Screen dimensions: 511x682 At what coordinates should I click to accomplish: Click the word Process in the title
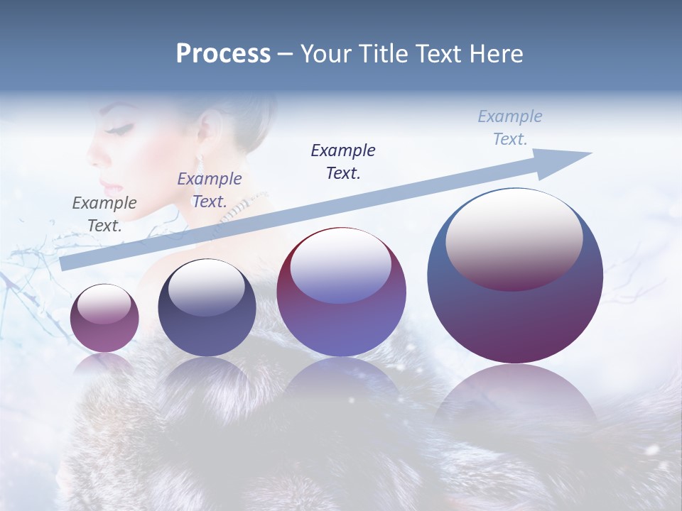[223, 54]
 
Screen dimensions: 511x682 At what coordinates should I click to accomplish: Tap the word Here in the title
[494, 54]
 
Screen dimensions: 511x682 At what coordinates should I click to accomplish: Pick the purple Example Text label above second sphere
[210, 190]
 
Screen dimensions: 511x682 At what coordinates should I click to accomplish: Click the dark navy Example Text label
[343, 161]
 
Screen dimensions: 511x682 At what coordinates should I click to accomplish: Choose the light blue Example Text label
[510, 128]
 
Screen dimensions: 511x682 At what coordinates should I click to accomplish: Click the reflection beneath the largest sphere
[516, 397]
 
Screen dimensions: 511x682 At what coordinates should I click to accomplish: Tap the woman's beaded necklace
[242, 205]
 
